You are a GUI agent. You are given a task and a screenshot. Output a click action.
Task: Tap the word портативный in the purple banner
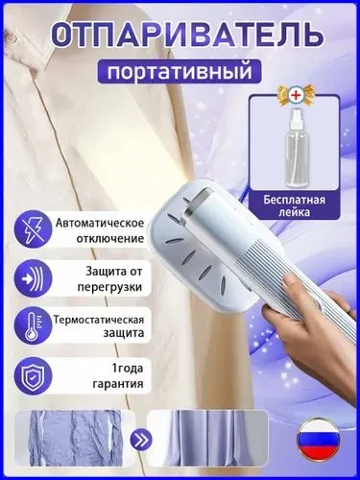[180, 72]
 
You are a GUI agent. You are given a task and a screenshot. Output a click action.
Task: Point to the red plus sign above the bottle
[295, 95]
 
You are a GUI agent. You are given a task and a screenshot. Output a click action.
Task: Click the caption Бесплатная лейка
[295, 205]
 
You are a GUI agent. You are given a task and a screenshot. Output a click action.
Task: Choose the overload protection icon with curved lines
[33, 278]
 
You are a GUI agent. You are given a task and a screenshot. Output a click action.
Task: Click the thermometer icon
[33, 325]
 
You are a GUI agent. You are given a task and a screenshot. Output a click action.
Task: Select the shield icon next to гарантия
[33, 373]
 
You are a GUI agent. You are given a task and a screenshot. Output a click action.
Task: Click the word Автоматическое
[100, 223]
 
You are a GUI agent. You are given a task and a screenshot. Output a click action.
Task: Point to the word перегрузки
[109, 286]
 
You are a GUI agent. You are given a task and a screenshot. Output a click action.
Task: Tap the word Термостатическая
[99, 320]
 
